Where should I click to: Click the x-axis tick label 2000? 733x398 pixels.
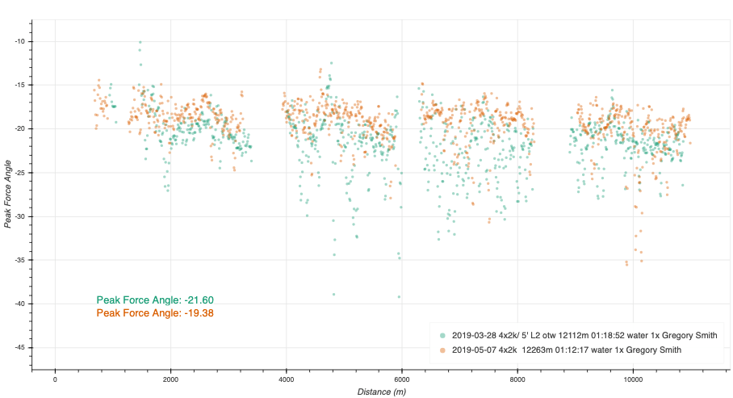170,379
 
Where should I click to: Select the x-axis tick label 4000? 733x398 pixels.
286,379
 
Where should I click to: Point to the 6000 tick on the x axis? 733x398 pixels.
401,379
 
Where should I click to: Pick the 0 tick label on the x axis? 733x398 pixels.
55,379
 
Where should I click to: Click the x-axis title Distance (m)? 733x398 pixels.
382,392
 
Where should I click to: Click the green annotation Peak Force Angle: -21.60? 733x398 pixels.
154,300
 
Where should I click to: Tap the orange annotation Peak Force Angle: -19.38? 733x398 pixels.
154,312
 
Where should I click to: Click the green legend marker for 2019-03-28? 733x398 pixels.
442,335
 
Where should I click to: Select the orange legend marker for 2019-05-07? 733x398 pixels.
442,350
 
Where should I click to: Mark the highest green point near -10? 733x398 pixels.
140,43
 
